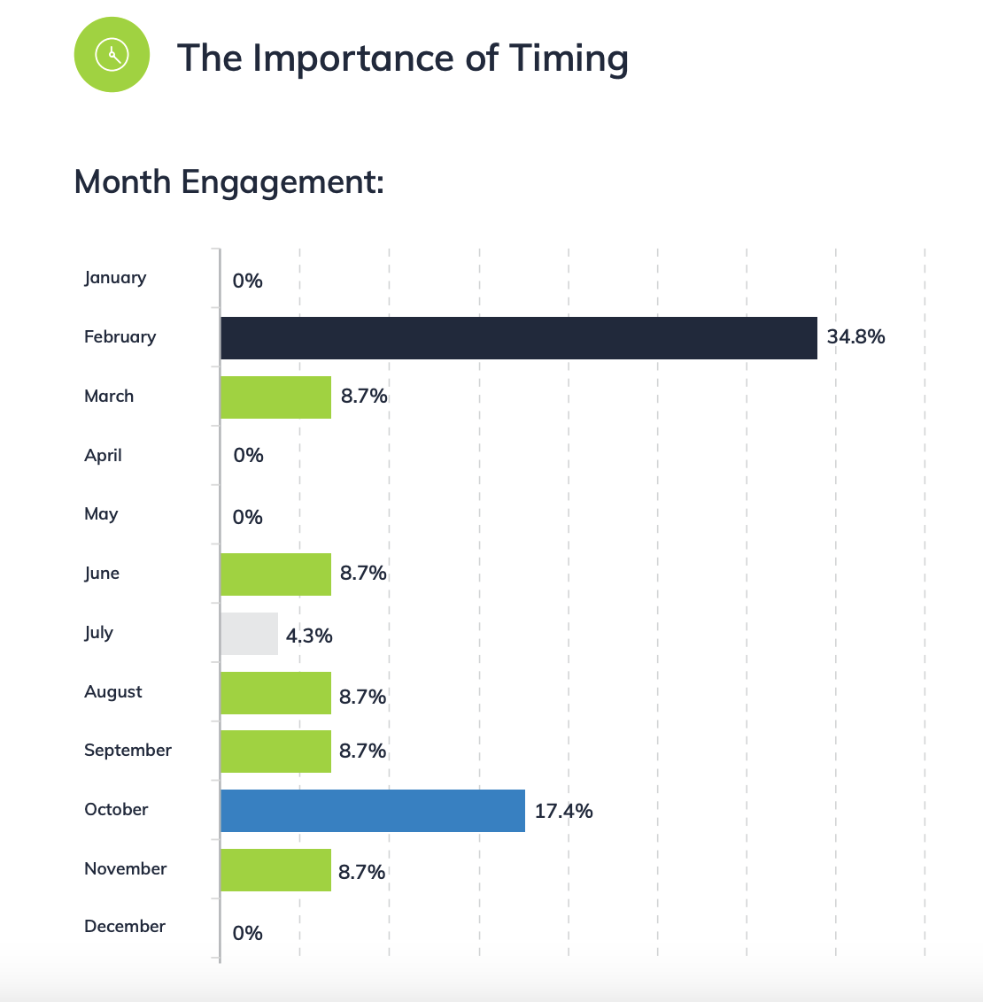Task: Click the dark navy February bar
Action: coord(518,338)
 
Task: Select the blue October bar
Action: coord(372,811)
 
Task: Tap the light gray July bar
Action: coord(249,634)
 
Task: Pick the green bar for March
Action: coord(275,397)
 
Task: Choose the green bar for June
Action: coord(275,574)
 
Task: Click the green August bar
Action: coord(275,693)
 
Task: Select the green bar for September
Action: coord(275,751)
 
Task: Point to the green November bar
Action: coord(275,870)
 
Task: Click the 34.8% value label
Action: coord(855,336)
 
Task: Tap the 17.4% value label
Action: coord(563,811)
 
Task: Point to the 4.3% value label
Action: coord(309,635)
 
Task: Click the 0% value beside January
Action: coord(247,281)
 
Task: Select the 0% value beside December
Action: coord(247,933)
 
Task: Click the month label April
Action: coord(103,455)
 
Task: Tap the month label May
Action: coord(101,514)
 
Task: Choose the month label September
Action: coord(128,751)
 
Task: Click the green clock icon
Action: coord(112,54)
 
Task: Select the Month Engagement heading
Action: coord(228,182)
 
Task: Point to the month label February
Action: coord(120,336)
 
